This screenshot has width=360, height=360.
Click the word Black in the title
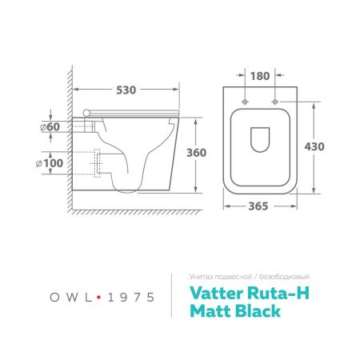coord(254,311)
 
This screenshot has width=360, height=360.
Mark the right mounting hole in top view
coord(275,102)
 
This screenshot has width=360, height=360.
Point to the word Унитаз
coord(199,276)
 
